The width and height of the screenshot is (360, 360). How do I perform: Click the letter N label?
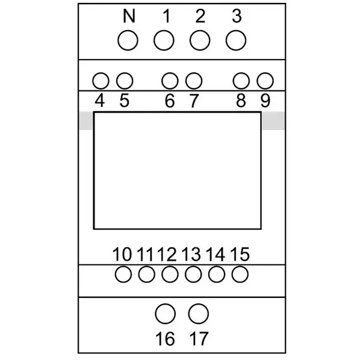pos(129,16)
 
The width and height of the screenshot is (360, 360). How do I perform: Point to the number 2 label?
pos(200,16)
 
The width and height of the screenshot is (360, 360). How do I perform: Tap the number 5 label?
pos(125,101)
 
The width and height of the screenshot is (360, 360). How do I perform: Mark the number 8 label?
pos(241,101)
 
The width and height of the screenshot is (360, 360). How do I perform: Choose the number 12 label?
pos(167,255)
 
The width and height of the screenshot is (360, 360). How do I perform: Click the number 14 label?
pos(216,255)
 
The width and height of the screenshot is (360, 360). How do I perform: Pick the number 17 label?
pos(199,339)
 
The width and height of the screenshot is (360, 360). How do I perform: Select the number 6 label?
pos(170,101)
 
